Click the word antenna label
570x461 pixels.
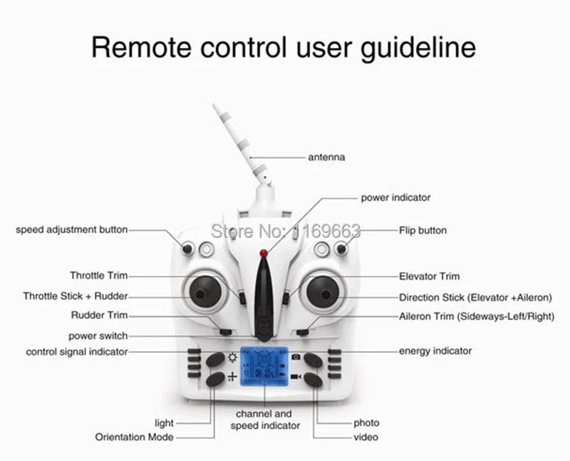(326, 157)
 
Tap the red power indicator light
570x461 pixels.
(264, 252)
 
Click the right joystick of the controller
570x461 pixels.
(325, 291)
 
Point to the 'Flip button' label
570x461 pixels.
(423, 230)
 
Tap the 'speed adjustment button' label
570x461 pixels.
(72, 229)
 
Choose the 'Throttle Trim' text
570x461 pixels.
(98, 275)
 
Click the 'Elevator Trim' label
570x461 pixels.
(429, 276)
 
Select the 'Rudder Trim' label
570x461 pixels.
(100, 315)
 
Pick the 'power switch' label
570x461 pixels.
(98, 336)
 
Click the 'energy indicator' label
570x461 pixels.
(435, 351)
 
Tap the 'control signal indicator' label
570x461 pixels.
(77, 352)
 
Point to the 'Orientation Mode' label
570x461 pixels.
(134, 437)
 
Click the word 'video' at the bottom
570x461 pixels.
(366, 437)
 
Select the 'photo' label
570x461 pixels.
(366, 423)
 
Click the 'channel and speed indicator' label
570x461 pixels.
(264, 419)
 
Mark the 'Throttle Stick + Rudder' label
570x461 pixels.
(76, 296)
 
